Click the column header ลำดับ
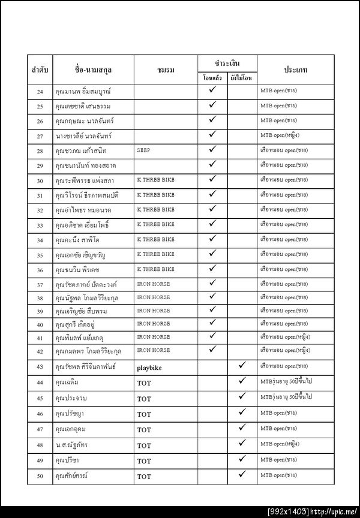point(40,71)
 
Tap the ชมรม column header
point(166,71)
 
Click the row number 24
point(40,91)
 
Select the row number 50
point(40,477)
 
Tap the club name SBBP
point(143,150)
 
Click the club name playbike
point(150,366)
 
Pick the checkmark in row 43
point(242,365)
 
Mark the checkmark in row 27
point(212,134)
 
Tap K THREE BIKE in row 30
point(156,180)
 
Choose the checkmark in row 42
point(212,349)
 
